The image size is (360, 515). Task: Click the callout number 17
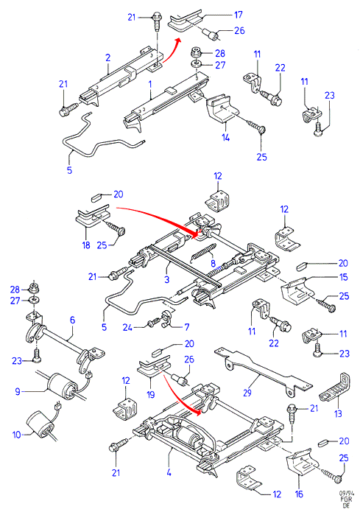tap(239, 15)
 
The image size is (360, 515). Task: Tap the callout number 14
tap(225, 137)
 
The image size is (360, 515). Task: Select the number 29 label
tap(247, 393)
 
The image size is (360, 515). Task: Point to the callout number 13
tap(338, 413)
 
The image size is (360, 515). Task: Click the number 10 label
tap(17, 435)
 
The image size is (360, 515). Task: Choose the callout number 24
tap(127, 327)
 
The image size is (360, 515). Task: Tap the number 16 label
tap(299, 494)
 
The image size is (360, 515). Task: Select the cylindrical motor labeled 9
tap(60, 386)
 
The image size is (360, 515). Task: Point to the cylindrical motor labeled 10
tap(40, 424)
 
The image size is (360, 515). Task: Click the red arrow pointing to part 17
tap(172, 52)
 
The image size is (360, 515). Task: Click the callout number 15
tap(343, 277)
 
